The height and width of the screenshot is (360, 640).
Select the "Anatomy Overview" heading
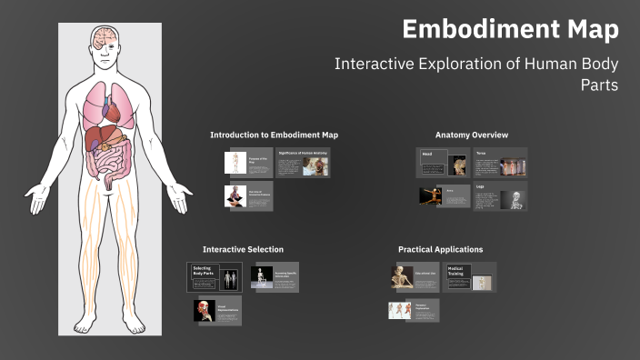[471, 135]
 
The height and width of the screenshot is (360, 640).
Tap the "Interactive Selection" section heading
[243, 249]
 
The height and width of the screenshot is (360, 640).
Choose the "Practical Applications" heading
[440, 249]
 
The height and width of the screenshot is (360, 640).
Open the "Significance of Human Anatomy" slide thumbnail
[302, 165]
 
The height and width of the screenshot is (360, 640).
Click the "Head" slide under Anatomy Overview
[443, 163]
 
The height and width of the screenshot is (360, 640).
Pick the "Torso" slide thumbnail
[500, 163]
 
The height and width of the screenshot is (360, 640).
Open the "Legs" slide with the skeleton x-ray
[500, 196]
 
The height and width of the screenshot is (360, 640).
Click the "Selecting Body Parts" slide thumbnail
[215, 277]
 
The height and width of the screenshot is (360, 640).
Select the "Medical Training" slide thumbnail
[470, 277]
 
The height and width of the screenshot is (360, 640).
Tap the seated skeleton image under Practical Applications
[402, 277]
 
